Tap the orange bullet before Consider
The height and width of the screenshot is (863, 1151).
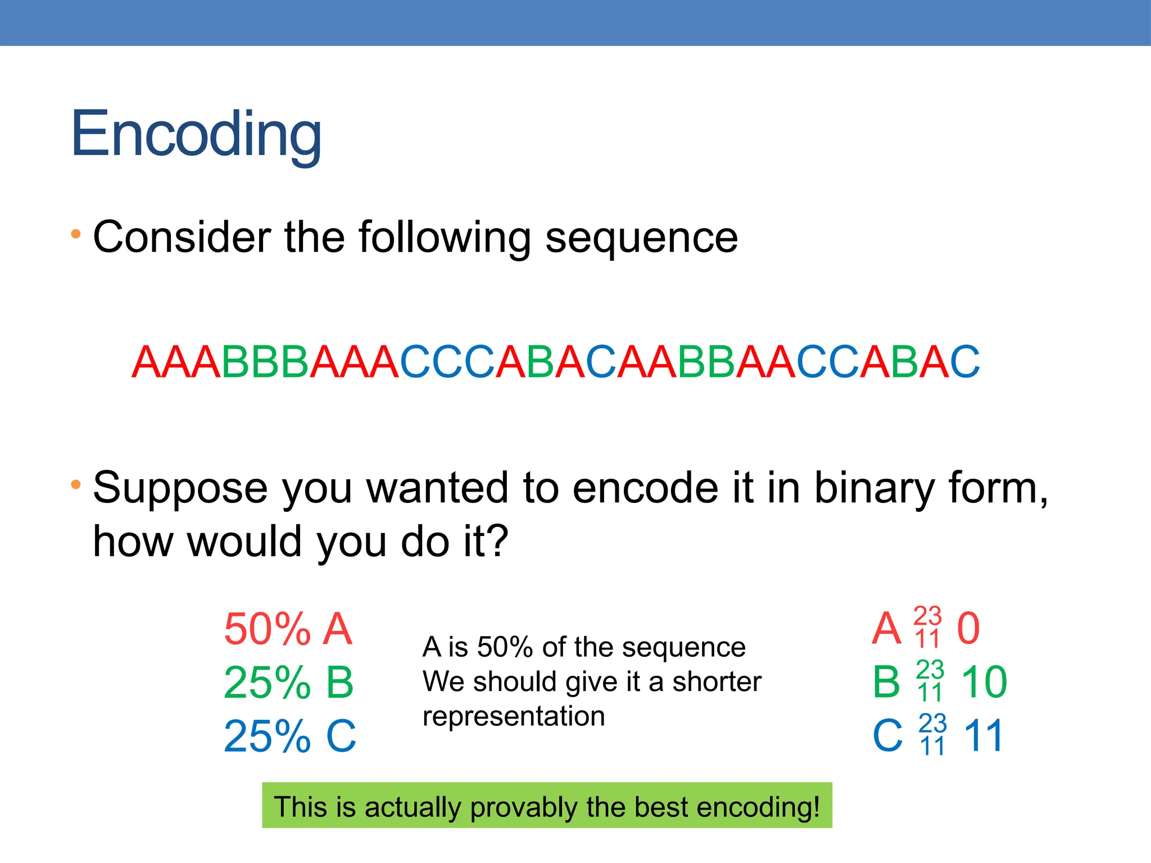coord(76,233)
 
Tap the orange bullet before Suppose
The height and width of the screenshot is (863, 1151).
coord(76,484)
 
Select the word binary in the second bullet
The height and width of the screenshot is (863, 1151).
coord(874,488)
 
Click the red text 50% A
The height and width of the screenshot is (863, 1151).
coord(288,629)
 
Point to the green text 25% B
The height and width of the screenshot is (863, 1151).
coord(288,683)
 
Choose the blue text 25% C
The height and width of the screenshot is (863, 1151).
coord(289,736)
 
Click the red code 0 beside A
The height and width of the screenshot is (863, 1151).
coord(968,629)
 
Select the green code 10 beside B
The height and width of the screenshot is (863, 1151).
coord(984,682)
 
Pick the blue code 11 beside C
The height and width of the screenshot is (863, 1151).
coord(984,735)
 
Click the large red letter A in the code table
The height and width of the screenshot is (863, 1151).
coord(886,629)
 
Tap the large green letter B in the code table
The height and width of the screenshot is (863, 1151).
coord(886,682)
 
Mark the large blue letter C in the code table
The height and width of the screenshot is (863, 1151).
coord(887,735)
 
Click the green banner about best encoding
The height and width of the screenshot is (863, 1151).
coord(546,806)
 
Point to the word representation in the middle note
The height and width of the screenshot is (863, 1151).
coord(514,716)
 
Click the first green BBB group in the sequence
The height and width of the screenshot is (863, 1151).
coord(265,362)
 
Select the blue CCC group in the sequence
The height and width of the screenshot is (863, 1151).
coord(447,362)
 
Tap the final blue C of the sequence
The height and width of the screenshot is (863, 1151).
coord(964,362)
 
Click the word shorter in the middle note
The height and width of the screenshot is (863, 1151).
coord(717,682)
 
